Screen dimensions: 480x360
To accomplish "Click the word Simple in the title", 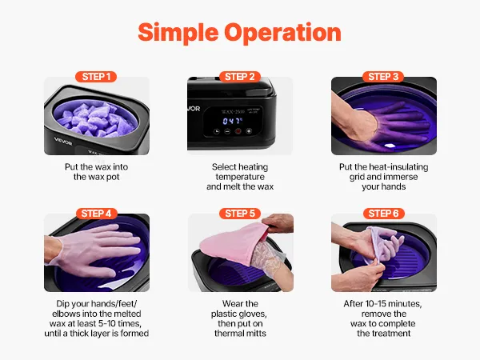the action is tap(178, 33).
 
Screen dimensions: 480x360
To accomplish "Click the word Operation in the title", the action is tap(282, 32).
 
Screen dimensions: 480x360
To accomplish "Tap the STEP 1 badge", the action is tap(96, 77).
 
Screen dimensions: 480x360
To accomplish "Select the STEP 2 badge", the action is tap(240, 77).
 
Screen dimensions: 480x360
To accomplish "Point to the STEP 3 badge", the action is tap(383, 77).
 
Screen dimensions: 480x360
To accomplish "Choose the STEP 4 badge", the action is tap(96, 214).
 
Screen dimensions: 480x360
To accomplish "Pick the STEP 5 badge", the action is tap(240, 214).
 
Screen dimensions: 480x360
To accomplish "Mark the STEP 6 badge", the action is tap(383, 214).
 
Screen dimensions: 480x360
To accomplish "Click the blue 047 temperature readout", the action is tap(232, 122).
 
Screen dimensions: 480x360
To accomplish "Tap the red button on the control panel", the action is tap(238, 131).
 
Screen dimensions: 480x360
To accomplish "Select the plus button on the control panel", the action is tap(249, 131).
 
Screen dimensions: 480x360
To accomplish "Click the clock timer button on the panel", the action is tap(217, 132).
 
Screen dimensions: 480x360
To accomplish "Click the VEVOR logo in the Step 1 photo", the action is tap(63, 141).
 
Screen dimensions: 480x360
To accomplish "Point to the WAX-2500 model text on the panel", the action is tap(233, 111).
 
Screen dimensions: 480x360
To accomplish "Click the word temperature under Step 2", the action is tap(240, 177).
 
